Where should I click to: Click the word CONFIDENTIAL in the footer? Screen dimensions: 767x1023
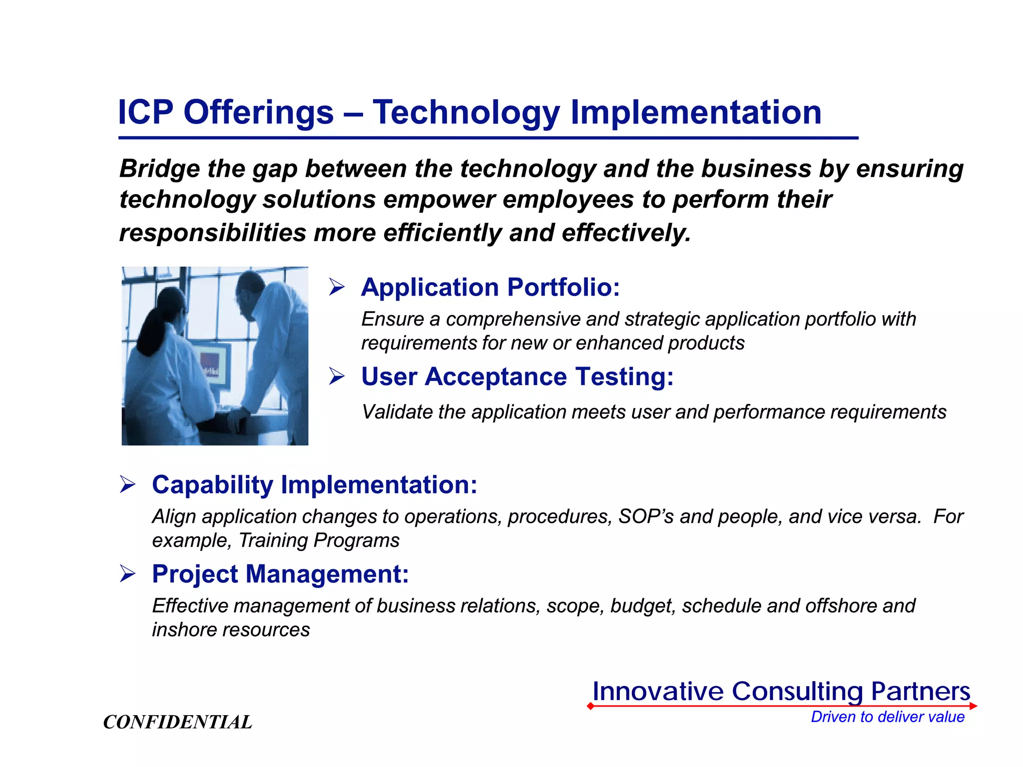pyautogui.click(x=177, y=722)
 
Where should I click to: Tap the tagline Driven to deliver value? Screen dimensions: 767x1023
pyautogui.click(x=887, y=717)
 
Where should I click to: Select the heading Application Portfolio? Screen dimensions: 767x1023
pyautogui.click(x=490, y=287)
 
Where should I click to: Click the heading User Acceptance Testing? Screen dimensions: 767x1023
pyautogui.click(x=517, y=377)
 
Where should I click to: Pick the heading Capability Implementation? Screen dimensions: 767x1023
pyautogui.click(x=314, y=485)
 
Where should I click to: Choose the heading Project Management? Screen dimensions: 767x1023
pyautogui.click(x=280, y=574)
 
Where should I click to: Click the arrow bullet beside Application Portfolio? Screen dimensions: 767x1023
pyautogui.click(x=337, y=287)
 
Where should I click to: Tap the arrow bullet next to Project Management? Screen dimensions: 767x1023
pyautogui.click(x=128, y=574)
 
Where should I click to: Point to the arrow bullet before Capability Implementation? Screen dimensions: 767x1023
pyautogui.click(x=128, y=485)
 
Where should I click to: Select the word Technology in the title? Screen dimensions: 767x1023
pyautogui.click(x=466, y=113)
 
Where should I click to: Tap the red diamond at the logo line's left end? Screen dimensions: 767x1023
pyautogui.click(x=590, y=706)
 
